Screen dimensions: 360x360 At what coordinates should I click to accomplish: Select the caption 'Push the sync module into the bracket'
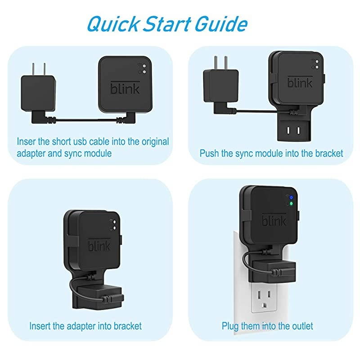(271, 153)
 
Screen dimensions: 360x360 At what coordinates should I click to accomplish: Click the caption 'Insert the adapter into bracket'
(85, 325)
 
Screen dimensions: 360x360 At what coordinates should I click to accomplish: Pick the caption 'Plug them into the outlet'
(267, 325)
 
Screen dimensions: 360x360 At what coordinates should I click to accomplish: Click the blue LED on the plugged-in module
(291, 198)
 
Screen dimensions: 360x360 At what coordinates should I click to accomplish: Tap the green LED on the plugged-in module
(291, 203)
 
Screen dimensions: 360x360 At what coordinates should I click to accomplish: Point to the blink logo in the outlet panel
(274, 220)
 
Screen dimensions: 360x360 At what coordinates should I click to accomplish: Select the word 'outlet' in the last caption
(301, 325)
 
